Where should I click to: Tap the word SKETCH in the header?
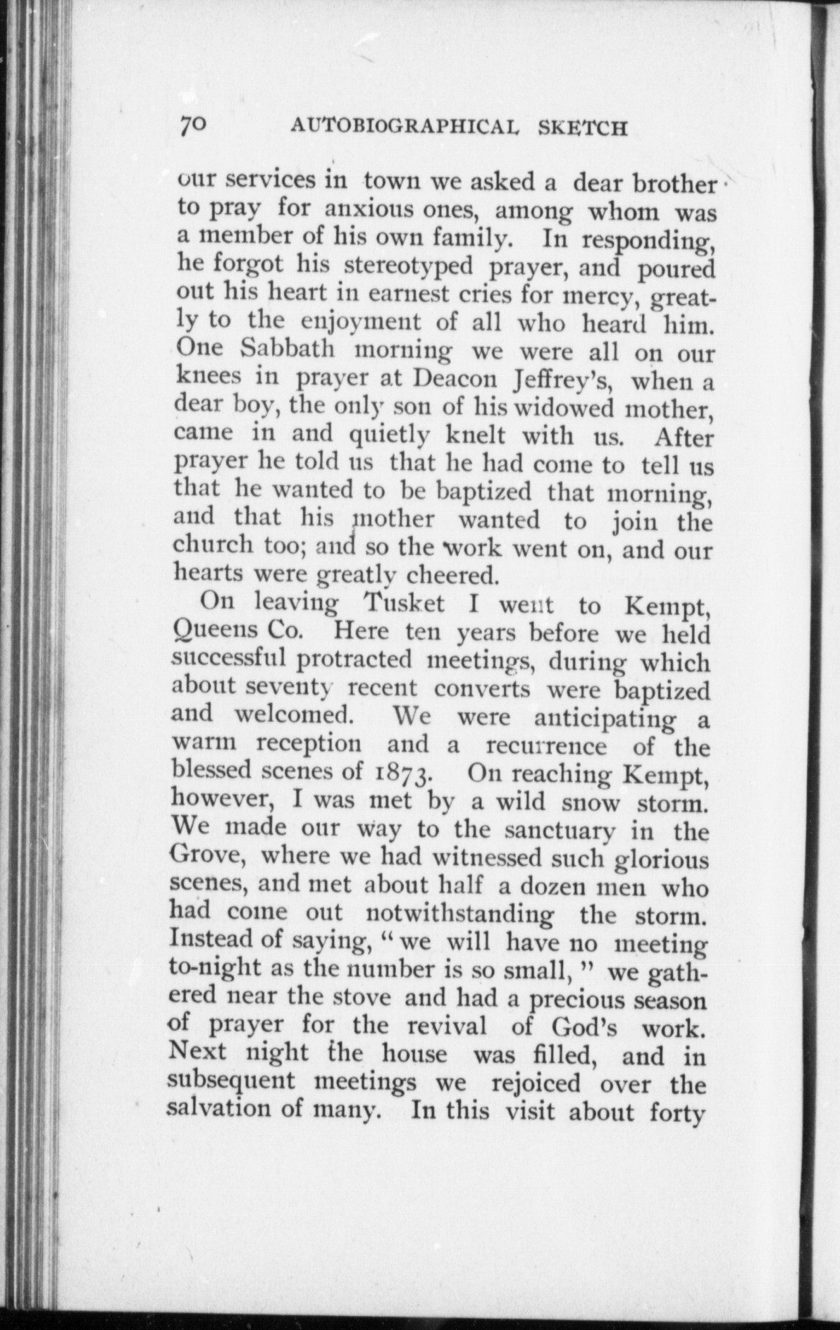583,128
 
